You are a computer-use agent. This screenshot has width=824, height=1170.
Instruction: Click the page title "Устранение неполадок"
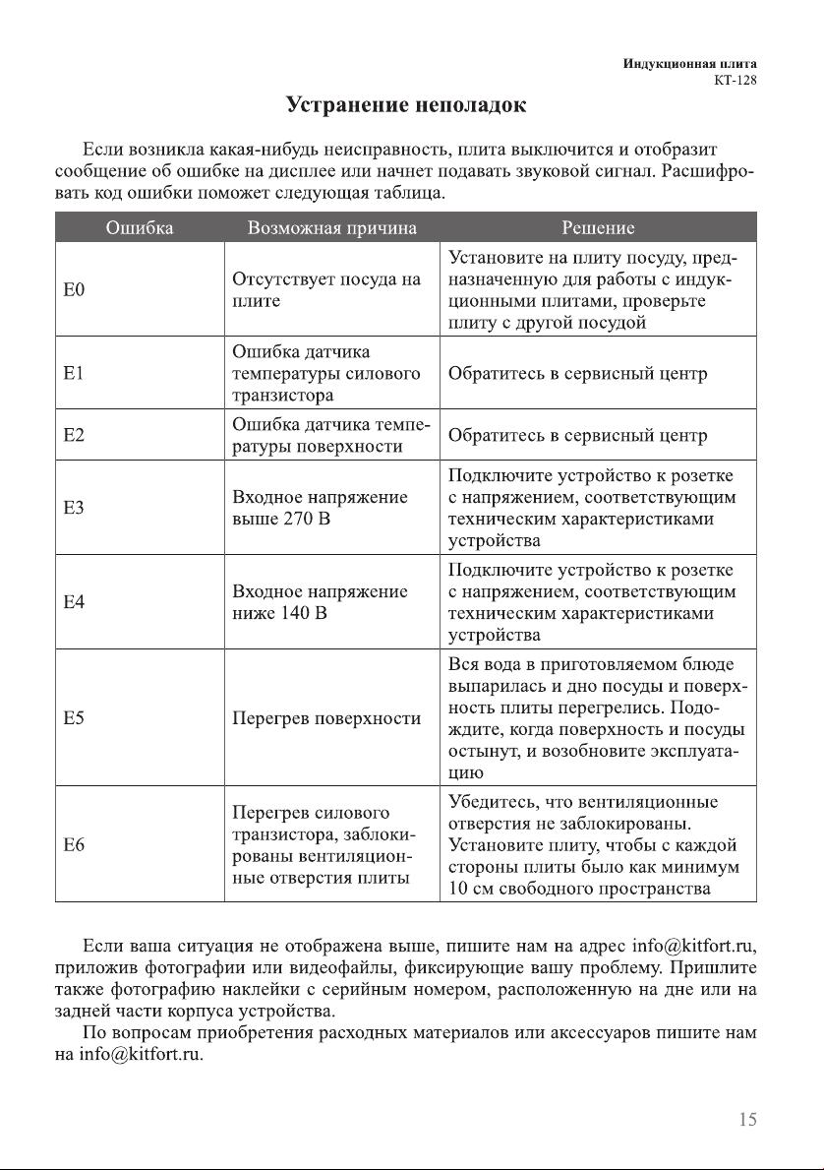click(405, 104)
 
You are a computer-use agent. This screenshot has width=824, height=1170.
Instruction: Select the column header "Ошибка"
click(139, 228)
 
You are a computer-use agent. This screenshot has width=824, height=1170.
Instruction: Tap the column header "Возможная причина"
click(332, 228)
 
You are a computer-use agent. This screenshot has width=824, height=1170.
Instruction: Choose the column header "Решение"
click(598, 228)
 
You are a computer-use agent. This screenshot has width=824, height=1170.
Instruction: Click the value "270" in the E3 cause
click(298, 519)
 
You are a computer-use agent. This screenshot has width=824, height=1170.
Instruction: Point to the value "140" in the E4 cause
click(297, 613)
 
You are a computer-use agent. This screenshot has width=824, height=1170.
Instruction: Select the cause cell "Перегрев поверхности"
click(326, 718)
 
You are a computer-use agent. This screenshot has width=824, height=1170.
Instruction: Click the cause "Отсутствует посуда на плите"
click(325, 290)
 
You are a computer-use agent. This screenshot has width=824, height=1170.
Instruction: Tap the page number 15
click(746, 1119)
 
